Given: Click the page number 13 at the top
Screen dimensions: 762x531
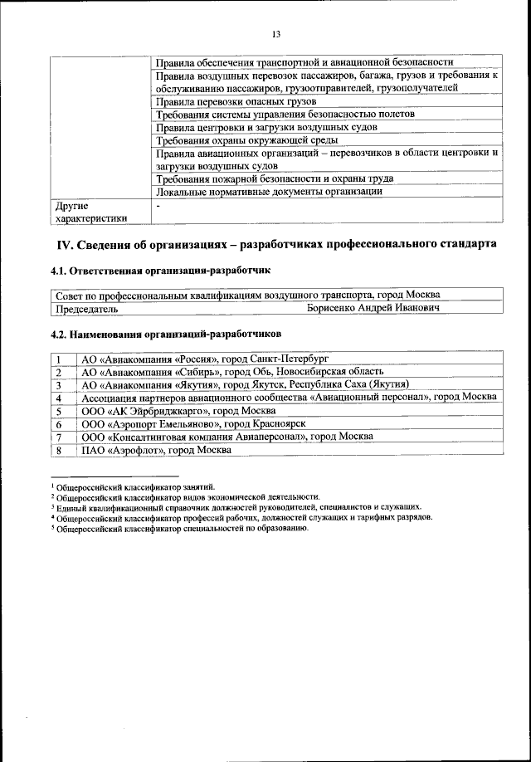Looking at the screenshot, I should [x=275, y=33].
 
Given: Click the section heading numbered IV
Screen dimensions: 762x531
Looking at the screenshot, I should [x=276, y=244].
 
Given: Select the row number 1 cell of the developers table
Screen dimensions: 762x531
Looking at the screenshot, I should [x=61, y=359].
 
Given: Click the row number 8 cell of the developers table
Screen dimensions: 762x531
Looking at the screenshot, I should [x=61, y=450].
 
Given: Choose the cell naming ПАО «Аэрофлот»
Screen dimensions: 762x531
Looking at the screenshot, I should [x=156, y=450].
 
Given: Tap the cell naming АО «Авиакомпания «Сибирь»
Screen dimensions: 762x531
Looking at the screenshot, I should [x=232, y=372].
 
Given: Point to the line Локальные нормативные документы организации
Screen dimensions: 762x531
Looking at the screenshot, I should [x=269, y=192].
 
